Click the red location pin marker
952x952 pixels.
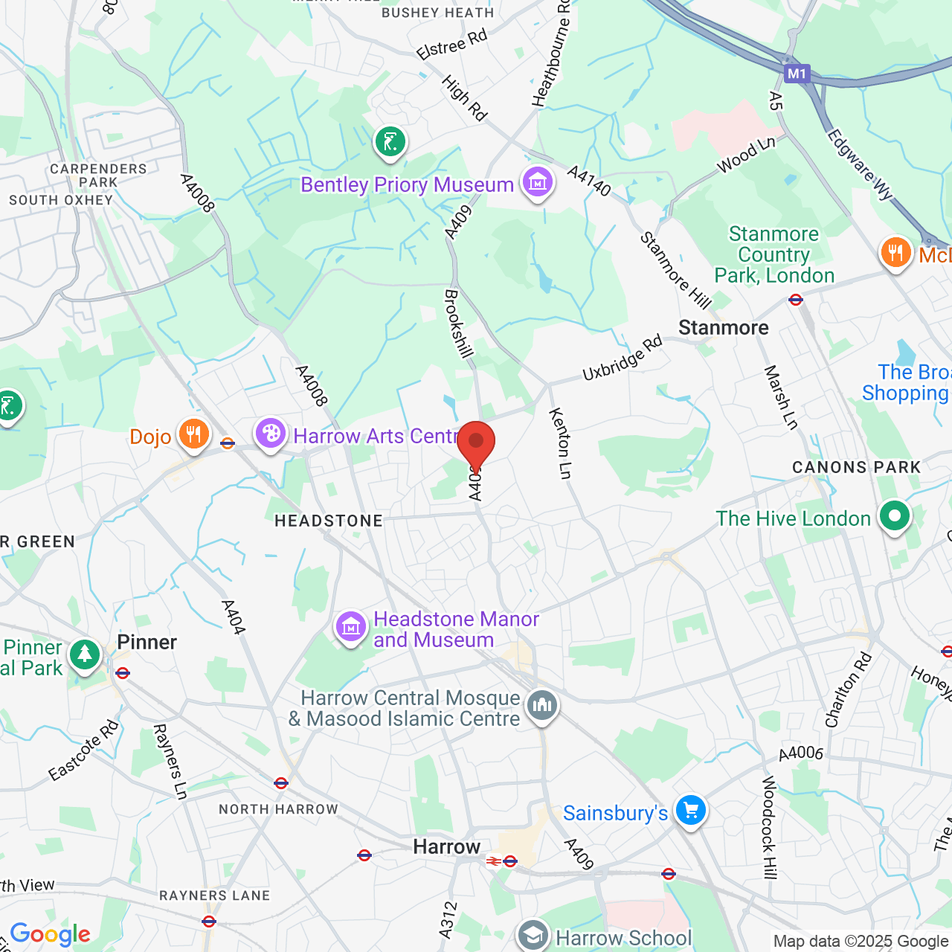click(x=476, y=444)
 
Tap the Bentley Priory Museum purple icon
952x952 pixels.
click(x=537, y=182)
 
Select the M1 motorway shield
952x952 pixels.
click(x=797, y=73)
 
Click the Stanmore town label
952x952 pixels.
click(x=723, y=328)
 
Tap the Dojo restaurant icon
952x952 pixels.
click(x=193, y=434)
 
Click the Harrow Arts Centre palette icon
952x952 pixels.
click(x=271, y=434)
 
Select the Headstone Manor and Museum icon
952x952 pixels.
click(x=351, y=627)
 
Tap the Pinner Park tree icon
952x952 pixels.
click(x=85, y=655)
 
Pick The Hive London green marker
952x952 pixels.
click(x=894, y=516)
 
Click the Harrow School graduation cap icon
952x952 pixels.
click(x=533, y=936)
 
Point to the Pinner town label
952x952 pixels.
click(x=147, y=642)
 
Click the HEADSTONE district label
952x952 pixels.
click(x=329, y=521)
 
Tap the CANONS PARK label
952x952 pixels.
click(x=856, y=467)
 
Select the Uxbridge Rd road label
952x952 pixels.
click(x=622, y=358)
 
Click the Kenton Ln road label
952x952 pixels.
click(x=561, y=443)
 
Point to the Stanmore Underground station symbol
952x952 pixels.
click(x=796, y=300)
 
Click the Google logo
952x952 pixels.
click(x=50, y=934)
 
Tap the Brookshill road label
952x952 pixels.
click(x=458, y=324)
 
